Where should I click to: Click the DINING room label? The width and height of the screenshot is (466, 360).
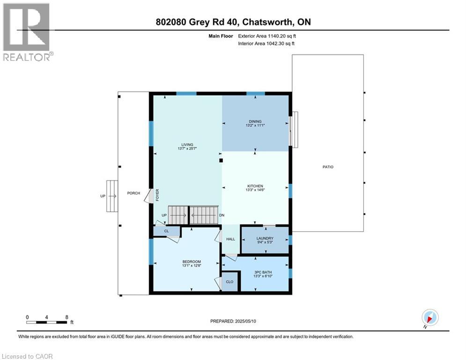pos(255,121)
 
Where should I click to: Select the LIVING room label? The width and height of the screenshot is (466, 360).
pos(187,144)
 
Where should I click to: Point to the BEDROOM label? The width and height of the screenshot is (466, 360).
pos(192,262)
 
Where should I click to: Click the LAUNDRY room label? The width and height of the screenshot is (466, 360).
pos(265,238)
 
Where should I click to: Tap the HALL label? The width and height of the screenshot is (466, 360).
pos(230,239)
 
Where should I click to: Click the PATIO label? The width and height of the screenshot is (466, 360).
pos(328,167)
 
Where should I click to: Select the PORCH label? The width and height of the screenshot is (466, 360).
pos(133,193)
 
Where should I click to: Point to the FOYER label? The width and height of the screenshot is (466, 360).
pos(158,194)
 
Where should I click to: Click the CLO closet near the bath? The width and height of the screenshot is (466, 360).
pos(229,282)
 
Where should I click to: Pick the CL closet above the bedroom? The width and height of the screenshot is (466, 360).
pos(166,231)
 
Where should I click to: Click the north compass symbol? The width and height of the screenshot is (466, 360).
pos(429,318)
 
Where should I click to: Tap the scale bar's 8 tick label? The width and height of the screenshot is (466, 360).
pos(67,317)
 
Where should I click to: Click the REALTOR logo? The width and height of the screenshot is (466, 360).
pos(27,32)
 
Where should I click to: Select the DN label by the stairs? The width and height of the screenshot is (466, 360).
pos(222,215)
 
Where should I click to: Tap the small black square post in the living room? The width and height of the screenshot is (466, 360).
pos(222,161)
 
